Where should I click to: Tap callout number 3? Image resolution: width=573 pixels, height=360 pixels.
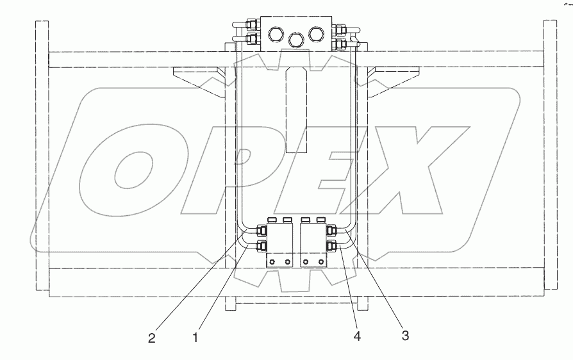pyautogui.click(x=404, y=334)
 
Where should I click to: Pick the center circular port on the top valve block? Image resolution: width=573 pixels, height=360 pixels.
pyautogui.click(x=295, y=40)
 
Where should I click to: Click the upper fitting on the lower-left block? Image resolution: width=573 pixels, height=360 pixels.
pyautogui.click(x=262, y=231)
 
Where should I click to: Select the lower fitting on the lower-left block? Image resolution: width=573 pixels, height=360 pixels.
pyautogui.click(x=262, y=246)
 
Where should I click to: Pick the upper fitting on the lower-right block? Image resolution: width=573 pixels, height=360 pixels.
pyautogui.click(x=331, y=231)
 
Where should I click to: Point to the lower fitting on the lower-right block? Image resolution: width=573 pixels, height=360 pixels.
pyautogui.click(x=331, y=246)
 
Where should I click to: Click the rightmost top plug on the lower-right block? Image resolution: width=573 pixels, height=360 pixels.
pyautogui.click(x=320, y=220)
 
